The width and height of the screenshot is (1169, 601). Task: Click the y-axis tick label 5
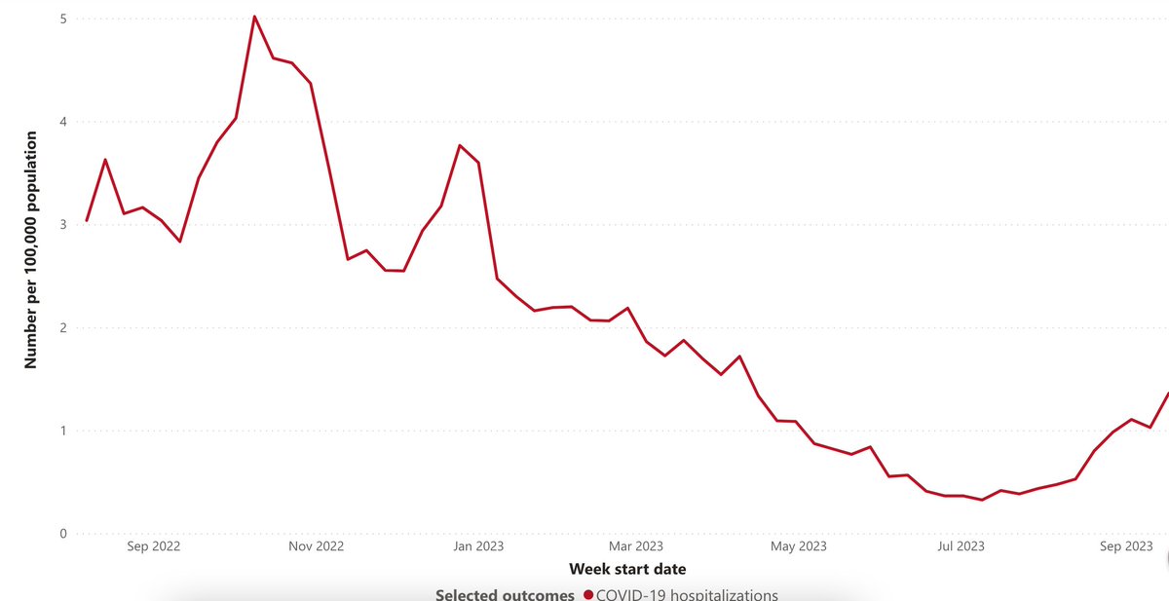click(62, 19)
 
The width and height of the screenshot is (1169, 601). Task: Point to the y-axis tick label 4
click(62, 122)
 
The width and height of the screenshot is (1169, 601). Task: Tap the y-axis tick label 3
click(62, 225)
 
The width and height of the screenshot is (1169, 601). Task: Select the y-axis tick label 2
click(62, 327)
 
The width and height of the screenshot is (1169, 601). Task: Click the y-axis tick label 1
click(62, 431)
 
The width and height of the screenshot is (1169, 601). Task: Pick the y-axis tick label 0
click(62, 534)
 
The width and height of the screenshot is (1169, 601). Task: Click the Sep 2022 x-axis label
click(154, 546)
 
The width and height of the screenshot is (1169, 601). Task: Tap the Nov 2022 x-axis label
click(317, 546)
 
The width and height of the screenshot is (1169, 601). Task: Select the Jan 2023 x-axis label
click(477, 546)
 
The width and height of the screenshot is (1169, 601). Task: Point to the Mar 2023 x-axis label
click(635, 546)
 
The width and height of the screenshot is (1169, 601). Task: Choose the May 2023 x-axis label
click(799, 546)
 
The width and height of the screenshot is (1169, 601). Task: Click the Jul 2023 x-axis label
click(960, 546)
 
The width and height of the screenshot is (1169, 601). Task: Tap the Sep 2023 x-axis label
click(1126, 546)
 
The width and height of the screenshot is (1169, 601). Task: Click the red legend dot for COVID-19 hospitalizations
click(588, 594)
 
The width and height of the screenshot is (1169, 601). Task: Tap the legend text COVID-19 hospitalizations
click(688, 594)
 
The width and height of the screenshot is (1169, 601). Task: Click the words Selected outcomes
click(505, 594)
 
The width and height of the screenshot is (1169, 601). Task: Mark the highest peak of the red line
click(254, 17)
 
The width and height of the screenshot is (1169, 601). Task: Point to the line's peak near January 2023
click(460, 145)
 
